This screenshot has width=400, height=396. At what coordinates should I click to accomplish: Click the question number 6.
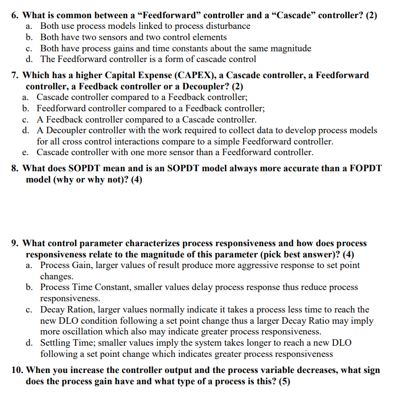click(x=15, y=15)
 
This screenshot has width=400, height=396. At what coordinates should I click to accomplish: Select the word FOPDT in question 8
click(x=365, y=168)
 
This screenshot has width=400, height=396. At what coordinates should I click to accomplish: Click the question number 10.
click(x=17, y=370)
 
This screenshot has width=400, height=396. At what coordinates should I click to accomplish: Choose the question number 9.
click(x=15, y=243)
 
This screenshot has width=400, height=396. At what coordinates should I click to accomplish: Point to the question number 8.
click(x=15, y=168)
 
